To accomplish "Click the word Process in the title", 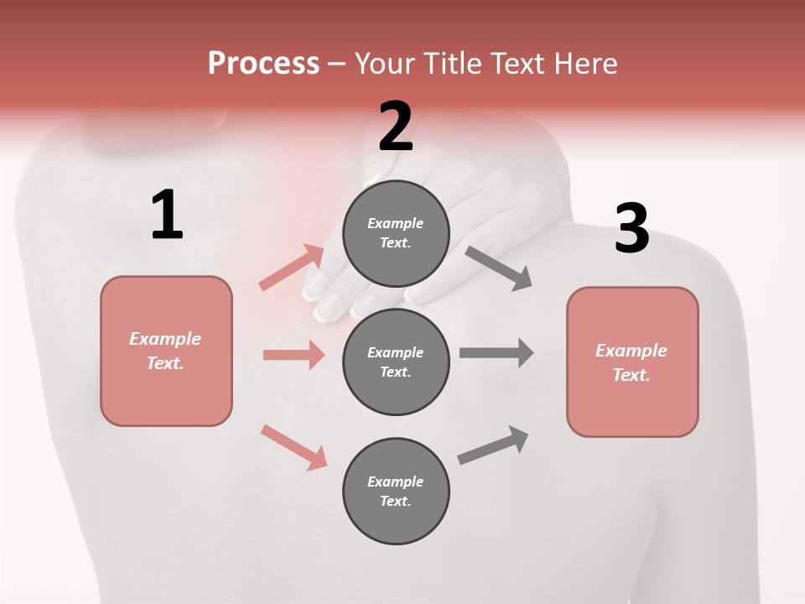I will coord(263,64).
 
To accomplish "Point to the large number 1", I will coord(167,216).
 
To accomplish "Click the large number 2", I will coord(396,127).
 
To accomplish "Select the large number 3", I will coord(632,229).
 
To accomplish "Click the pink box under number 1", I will coord(166,351).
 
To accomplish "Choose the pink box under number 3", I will coord(632,362).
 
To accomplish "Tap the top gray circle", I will coord(396,233).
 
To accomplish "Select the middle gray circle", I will coord(396,362).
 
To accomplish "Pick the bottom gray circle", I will coord(396,491).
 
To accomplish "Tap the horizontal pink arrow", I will coord(293,355).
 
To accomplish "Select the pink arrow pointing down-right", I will coord(293,447).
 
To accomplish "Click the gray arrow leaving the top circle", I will coord(498,268).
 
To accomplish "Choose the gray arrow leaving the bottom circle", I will coord(493,445).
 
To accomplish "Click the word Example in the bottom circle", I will coord(396,482).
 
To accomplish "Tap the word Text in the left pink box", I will coord(164,363).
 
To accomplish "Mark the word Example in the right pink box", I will coord(631,351).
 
